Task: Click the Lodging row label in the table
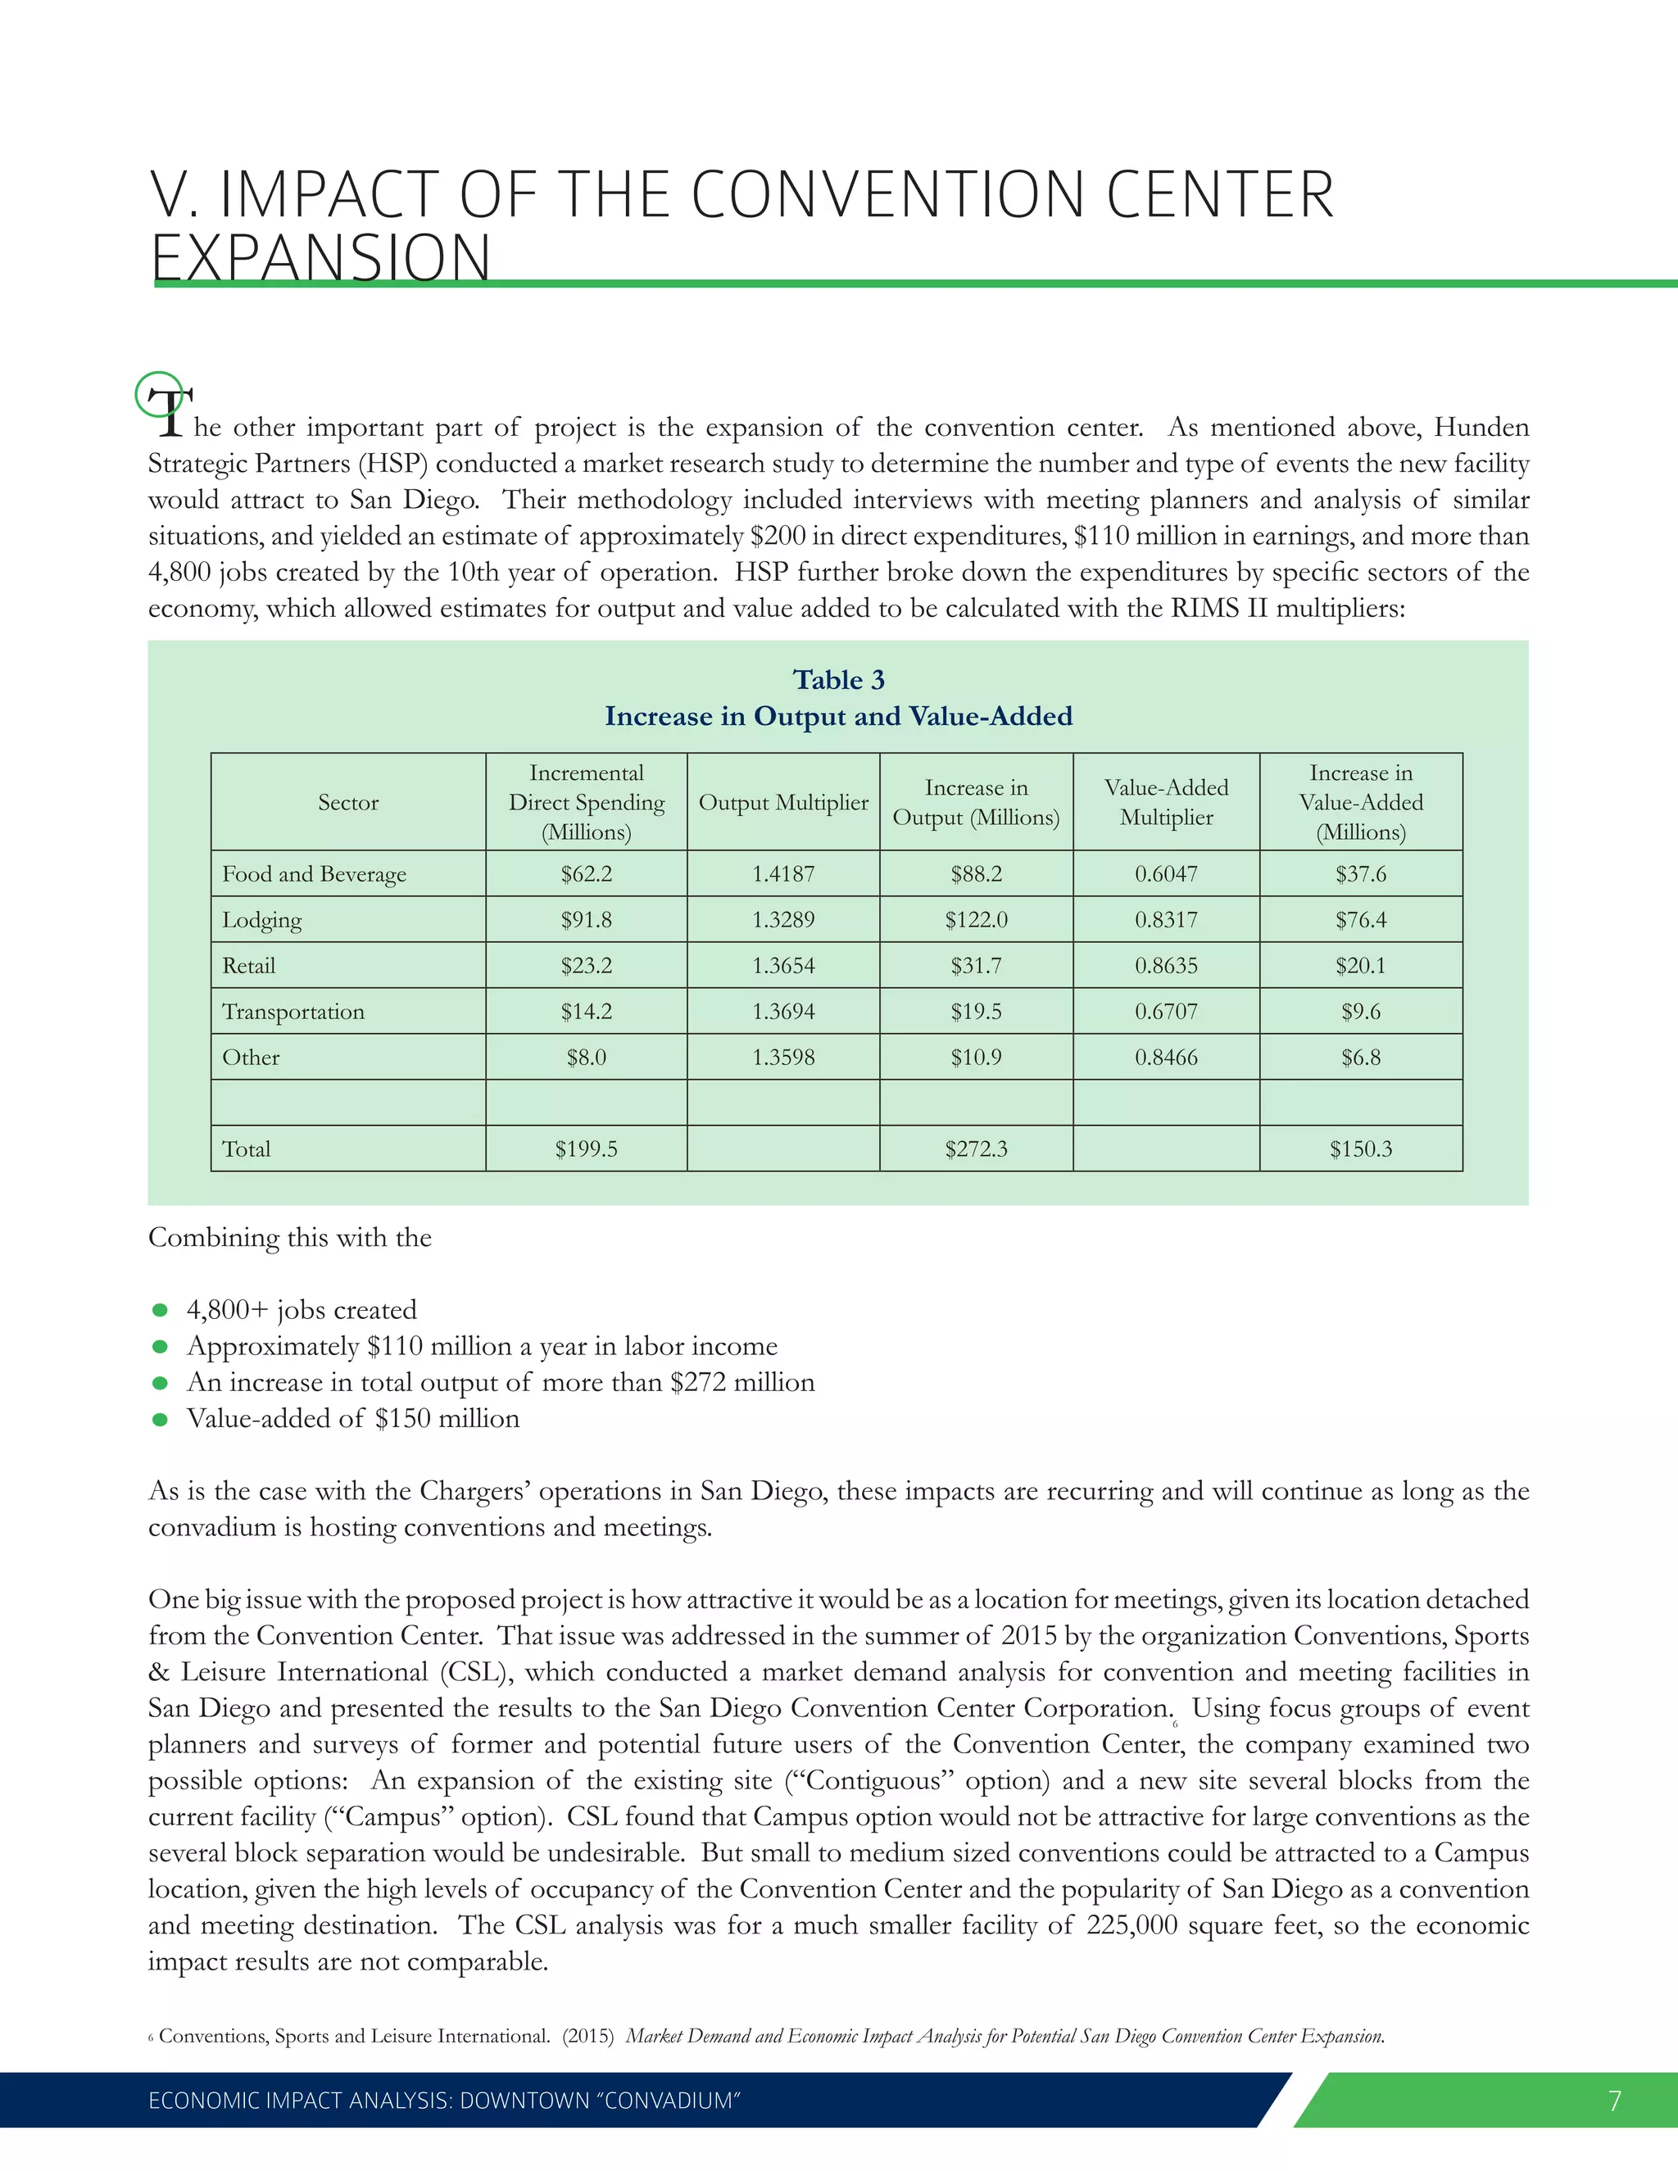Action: (x=261, y=919)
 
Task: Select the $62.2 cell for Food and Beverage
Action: (x=586, y=874)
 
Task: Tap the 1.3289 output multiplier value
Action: (x=782, y=919)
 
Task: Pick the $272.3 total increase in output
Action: (x=975, y=1149)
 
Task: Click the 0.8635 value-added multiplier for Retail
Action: (x=1166, y=965)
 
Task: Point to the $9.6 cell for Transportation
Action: (x=1360, y=1011)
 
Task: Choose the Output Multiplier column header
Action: (x=782, y=802)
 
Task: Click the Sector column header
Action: (x=348, y=802)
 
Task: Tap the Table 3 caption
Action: (x=838, y=680)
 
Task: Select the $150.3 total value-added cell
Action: (x=1360, y=1149)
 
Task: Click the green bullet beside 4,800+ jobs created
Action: (x=160, y=1310)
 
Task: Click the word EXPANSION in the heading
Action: (x=320, y=256)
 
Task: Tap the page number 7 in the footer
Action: (x=1614, y=2101)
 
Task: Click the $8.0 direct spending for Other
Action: (x=586, y=1058)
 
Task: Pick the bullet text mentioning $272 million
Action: (x=500, y=1383)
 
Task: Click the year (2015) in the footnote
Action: (x=588, y=2036)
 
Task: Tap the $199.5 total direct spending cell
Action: (x=586, y=1149)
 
